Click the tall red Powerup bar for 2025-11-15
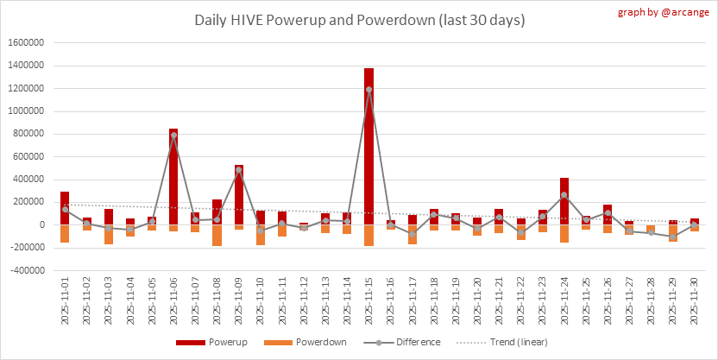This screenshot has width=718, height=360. click(368, 147)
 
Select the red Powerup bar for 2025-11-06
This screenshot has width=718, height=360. click(173, 177)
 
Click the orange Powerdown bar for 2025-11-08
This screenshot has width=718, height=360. click(217, 235)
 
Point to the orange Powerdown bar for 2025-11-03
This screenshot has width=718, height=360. click(109, 234)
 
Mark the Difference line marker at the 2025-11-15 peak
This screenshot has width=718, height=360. click(368, 89)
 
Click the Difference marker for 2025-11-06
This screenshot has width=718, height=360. click(173, 136)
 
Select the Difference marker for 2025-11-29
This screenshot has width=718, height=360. click(672, 237)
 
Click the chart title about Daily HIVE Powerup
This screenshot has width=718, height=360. click(359, 19)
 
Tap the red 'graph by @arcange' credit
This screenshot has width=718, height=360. click(664, 13)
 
